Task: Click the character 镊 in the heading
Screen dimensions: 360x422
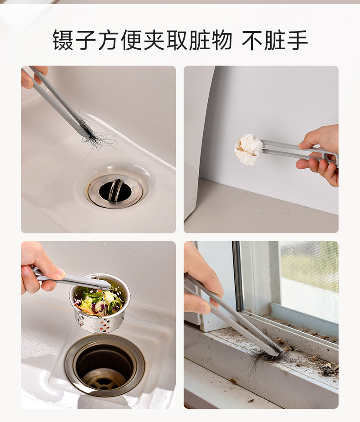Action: [63, 40]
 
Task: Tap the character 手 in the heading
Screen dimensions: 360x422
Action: [297, 40]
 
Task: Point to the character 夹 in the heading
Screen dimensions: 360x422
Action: [154, 40]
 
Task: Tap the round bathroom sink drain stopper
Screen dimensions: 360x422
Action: [115, 190]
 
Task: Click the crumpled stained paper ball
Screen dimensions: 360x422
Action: [249, 150]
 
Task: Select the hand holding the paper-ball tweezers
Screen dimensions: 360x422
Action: [319, 155]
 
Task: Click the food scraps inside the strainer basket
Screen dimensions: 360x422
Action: [99, 300]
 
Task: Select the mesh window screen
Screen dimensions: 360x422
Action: [309, 281]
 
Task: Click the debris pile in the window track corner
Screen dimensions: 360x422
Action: [329, 369]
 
